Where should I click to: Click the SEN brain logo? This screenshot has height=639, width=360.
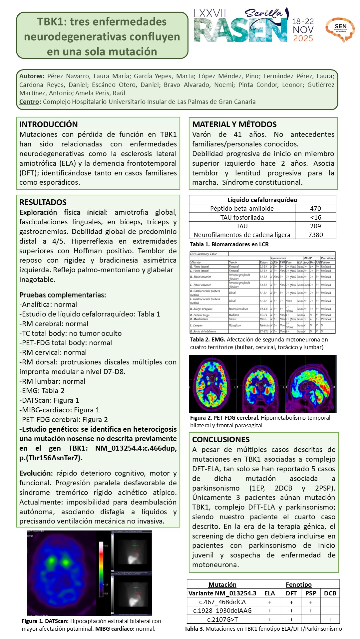(340, 29)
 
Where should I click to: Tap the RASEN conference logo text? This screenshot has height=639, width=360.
(240, 31)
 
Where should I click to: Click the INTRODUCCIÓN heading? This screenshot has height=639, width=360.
(49, 124)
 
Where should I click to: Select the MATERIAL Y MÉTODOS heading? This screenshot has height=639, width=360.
(234, 124)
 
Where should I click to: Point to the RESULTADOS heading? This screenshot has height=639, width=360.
(43, 202)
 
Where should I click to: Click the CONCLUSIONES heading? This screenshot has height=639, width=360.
(221, 440)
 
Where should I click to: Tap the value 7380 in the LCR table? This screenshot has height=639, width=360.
(315, 235)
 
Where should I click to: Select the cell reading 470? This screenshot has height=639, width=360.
(315, 209)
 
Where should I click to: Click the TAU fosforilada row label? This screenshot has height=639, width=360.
(242, 218)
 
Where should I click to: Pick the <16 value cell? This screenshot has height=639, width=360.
(315, 218)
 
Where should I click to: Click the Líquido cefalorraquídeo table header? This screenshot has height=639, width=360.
(262, 200)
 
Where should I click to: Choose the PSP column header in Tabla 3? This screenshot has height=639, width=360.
(311, 593)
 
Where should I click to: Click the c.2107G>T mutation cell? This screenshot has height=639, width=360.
(222, 619)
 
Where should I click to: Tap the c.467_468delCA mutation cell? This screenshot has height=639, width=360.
(222, 602)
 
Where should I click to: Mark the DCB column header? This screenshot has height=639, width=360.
(330, 593)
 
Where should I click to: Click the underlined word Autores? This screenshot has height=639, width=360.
(32, 76)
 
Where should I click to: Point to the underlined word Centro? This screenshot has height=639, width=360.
(29, 102)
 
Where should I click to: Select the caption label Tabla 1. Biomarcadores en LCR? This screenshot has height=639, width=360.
(229, 244)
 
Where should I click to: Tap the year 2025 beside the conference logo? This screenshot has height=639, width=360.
(303, 39)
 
